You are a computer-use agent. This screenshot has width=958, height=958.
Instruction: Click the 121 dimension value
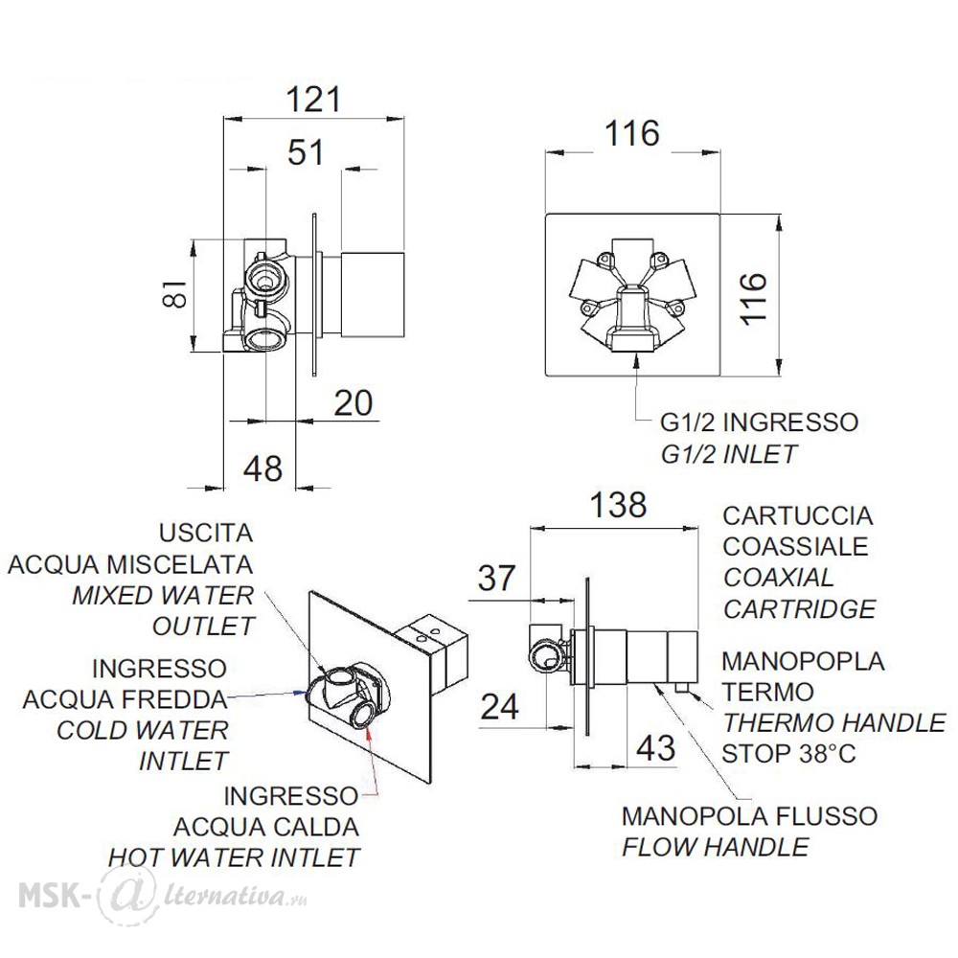click(x=313, y=99)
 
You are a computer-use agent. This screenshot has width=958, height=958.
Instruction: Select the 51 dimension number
click(x=306, y=151)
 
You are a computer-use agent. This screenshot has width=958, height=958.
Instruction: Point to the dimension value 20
click(x=354, y=402)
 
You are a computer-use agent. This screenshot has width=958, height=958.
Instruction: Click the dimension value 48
click(x=263, y=468)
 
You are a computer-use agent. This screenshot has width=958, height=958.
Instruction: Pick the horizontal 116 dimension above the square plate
click(x=631, y=132)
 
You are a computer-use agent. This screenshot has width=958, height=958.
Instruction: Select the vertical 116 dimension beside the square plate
click(x=753, y=298)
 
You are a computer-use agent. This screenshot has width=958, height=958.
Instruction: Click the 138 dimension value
click(x=618, y=505)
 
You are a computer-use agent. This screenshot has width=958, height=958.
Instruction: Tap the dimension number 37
click(x=496, y=578)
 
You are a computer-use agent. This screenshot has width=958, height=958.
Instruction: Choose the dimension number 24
click(x=500, y=707)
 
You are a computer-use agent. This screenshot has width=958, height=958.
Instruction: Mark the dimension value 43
click(x=656, y=748)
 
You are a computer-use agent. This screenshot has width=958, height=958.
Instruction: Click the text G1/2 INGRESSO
click(x=760, y=422)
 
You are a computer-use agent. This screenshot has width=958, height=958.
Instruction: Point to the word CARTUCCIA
click(x=798, y=515)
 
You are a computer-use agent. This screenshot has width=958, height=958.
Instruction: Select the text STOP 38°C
click(x=788, y=753)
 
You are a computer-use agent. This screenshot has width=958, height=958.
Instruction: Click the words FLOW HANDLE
click(x=716, y=847)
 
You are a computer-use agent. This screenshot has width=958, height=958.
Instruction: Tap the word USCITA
click(x=206, y=533)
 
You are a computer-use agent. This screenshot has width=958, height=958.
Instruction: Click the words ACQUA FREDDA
click(x=125, y=699)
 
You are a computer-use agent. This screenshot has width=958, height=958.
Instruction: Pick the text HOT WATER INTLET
click(x=234, y=857)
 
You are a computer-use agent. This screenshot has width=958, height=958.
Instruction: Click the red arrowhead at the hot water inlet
click(x=371, y=736)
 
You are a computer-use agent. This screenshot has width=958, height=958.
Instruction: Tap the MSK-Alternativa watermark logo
click(x=163, y=895)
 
